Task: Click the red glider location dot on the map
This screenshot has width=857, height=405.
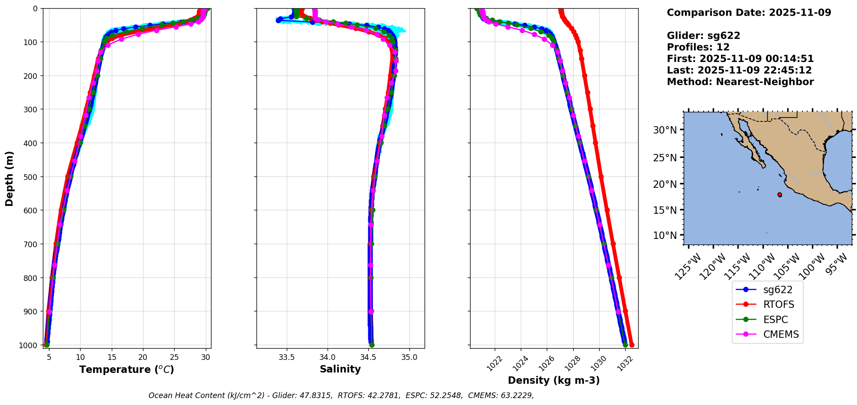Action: (x=780, y=195)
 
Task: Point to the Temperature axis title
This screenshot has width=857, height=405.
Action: (x=127, y=369)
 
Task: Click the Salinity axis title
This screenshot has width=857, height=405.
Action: (x=340, y=369)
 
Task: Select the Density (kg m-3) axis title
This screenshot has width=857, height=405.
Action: (x=554, y=380)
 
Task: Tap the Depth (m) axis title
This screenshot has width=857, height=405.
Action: (x=10, y=179)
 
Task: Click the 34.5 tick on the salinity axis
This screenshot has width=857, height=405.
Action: (x=368, y=357)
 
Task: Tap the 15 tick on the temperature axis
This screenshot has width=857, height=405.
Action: (x=112, y=357)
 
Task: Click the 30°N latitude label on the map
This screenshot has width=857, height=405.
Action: (x=665, y=130)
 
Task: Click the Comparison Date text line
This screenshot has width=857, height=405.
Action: (x=749, y=13)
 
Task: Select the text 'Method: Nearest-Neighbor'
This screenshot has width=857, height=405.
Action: (x=740, y=82)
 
